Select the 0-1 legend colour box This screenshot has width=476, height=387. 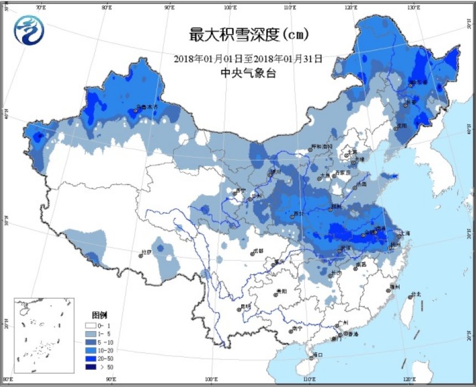(x=91, y=327)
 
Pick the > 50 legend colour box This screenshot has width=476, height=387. (x=91, y=366)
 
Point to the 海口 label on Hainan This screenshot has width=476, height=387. (x=318, y=355)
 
